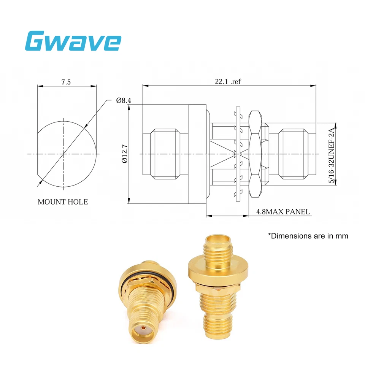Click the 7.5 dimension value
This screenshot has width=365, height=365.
66,82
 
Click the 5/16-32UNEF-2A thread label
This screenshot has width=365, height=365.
332,154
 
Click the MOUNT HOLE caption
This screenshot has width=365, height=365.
63,202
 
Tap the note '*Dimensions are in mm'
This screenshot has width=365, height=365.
308,236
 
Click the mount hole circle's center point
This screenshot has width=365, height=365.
63,154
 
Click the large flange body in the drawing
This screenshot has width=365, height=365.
197,154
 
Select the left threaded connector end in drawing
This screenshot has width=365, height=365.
165,154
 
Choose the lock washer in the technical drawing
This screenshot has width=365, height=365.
238,154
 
